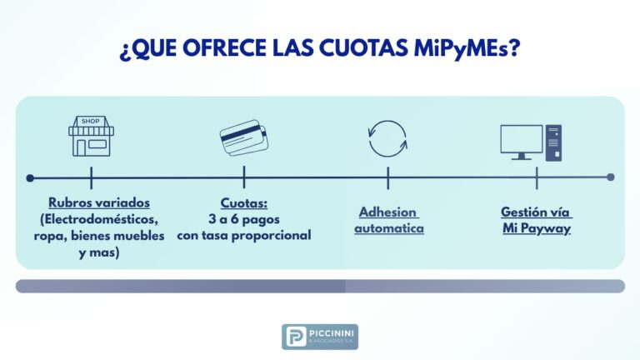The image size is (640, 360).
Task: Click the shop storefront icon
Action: (x=91, y=137)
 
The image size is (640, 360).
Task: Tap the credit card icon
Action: (x=243, y=137)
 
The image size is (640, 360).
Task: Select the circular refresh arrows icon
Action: (x=387, y=139)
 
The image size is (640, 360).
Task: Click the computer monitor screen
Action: (x=522, y=139)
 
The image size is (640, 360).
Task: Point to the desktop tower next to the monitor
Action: (x=553, y=142)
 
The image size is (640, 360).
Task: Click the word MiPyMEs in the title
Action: (x=467, y=48)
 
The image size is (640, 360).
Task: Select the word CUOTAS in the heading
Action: (x=363, y=47)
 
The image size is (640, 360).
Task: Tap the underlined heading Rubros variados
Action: (x=99, y=202)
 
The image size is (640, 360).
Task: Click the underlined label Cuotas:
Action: (x=244, y=202)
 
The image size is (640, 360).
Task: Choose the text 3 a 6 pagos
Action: (x=244, y=219)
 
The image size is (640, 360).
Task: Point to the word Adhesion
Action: (x=387, y=212)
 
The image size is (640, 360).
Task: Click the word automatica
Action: (x=389, y=228)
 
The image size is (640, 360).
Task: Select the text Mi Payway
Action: (x=537, y=228)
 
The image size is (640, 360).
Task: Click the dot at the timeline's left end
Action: (x=30, y=178)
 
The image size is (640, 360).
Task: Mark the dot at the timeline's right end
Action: (x=611, y=177)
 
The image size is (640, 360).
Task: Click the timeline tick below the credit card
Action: (x=244, y=177)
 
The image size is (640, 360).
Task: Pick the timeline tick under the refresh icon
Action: (x=388, y=178)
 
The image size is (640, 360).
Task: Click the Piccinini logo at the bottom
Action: (x=320, y=337)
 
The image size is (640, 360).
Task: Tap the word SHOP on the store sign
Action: (x=90, y=121)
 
